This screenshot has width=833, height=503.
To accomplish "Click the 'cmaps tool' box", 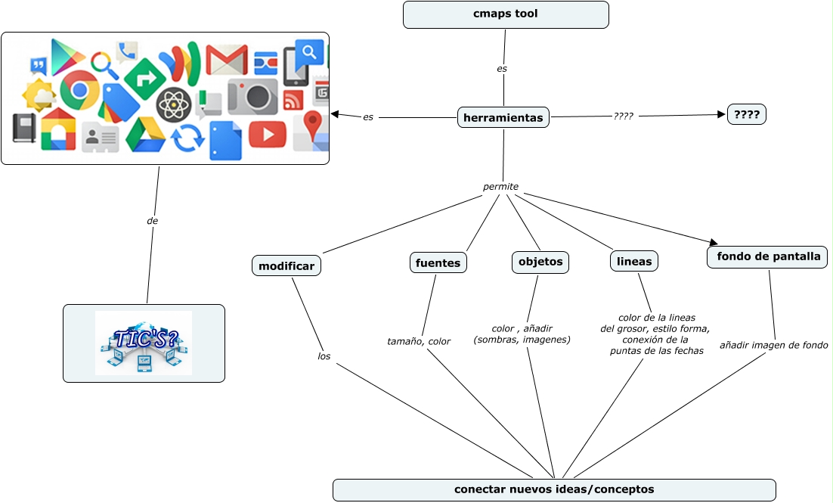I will [506, 14].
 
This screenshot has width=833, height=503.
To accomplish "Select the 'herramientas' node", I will [503, 117].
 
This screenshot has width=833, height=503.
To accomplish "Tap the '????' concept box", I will [746, 114].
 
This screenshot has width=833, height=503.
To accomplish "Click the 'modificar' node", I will [286, 265].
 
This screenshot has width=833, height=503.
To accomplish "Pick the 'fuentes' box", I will [438, 262].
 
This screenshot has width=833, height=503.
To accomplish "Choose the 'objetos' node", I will [540, 262].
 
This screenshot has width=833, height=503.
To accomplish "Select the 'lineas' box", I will [633, 261].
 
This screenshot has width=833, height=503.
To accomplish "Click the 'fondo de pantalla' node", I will [767, 256].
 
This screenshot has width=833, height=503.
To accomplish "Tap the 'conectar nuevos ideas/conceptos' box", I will [554, 489].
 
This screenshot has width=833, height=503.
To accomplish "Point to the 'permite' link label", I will [500, 186].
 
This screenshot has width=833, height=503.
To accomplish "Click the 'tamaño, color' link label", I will [419, 341].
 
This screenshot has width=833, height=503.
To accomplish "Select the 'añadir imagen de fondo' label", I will [773, 345].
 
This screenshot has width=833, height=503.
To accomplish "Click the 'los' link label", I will [324, 356].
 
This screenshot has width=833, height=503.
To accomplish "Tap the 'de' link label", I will [152, 221].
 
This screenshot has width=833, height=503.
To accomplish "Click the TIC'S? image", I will [144, 343].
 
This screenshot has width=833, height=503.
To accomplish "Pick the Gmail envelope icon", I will [227, 60].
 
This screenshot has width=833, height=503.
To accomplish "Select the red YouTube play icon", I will [267, 134].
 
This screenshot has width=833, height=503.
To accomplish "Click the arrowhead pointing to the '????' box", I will [721, 114].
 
